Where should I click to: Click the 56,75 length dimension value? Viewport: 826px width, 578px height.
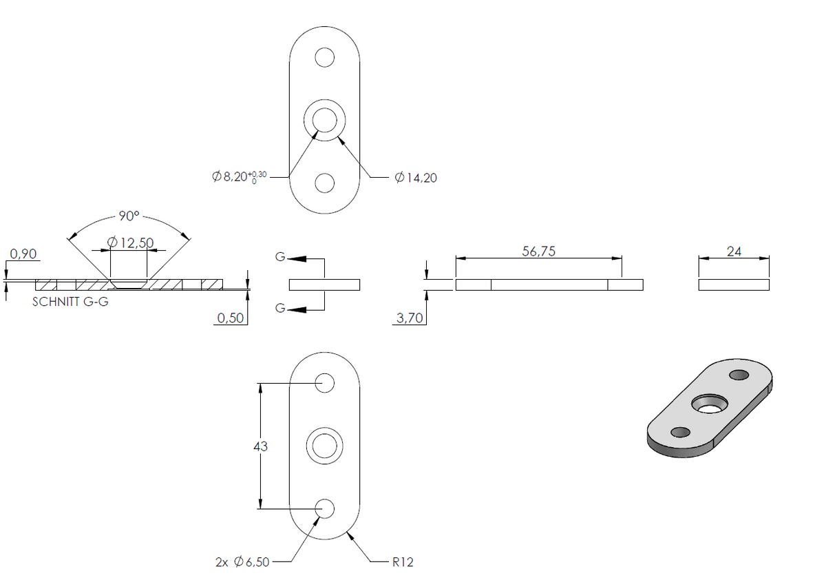click(x=538, y=251)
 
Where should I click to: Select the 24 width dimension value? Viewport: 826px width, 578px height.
click(x=734, y=251)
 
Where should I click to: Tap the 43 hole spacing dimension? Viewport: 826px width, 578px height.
click(x=260, y=446)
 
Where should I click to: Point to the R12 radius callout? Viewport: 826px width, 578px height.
click(x=403, y=562)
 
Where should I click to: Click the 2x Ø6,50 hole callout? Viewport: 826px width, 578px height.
click(x=242, y=562)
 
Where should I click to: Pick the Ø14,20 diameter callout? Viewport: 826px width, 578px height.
click(x=416, y=178)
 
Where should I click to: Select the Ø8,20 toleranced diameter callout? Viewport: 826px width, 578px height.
click(x=240, y=177)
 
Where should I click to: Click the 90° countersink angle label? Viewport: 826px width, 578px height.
click(x=129, y=216)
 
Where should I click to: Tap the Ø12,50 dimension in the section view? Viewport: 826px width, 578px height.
click(x=130, y=242)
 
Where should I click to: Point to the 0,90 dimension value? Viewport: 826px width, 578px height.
click(x=23, y=254)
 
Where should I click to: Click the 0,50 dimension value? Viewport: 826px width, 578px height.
click(x=231, y=318)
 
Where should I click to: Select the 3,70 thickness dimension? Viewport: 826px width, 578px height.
click(x=410, y=318)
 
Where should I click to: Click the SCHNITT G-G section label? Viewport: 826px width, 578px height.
click(x=70, y=302)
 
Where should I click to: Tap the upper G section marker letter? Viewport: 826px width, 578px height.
click(x=280, y=256)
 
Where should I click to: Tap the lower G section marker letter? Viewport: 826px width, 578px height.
click(x=280, y=308)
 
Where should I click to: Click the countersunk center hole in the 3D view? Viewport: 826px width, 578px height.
click(x=710, y=404)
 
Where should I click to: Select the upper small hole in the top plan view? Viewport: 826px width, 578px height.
click(x=324, y=58)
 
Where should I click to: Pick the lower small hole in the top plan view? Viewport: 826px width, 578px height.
click(x=324, y=183)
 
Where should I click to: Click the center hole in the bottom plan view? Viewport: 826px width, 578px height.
click(x=324, y=446)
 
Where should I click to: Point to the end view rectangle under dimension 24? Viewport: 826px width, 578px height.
click(x=734, y=285)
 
